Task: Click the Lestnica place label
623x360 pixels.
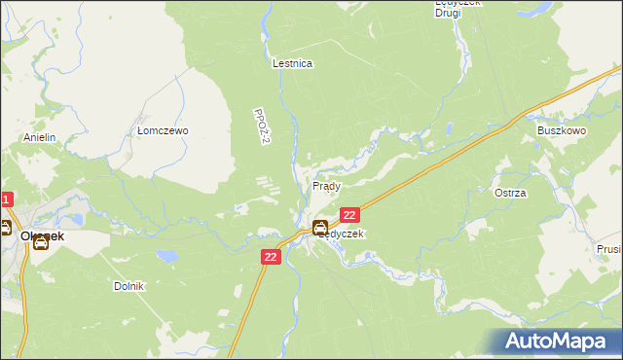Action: [x=292, y=63]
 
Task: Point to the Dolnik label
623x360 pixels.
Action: [x=128, y=286]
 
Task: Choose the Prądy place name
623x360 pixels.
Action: [x=325, y=185]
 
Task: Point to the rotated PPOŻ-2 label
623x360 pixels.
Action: [x=259, y=127]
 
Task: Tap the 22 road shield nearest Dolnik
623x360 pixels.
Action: [x=272, y=256]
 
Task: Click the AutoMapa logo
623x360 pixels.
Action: [x=558, y=341]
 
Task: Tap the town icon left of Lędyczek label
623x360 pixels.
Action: [x=319, y=229]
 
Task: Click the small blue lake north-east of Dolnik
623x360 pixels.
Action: [x=168, y=256]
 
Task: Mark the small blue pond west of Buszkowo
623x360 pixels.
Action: [x=449, y=127]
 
